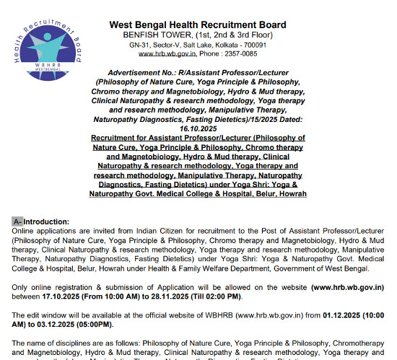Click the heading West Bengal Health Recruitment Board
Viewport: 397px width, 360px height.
[x=197, y=25]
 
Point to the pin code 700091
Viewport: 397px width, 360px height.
[x=248, y=44]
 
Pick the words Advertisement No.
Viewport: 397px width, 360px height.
[x=139, y=74]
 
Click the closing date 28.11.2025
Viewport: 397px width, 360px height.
[x=186, y=297]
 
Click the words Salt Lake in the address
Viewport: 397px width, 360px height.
[x=188, y=44]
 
